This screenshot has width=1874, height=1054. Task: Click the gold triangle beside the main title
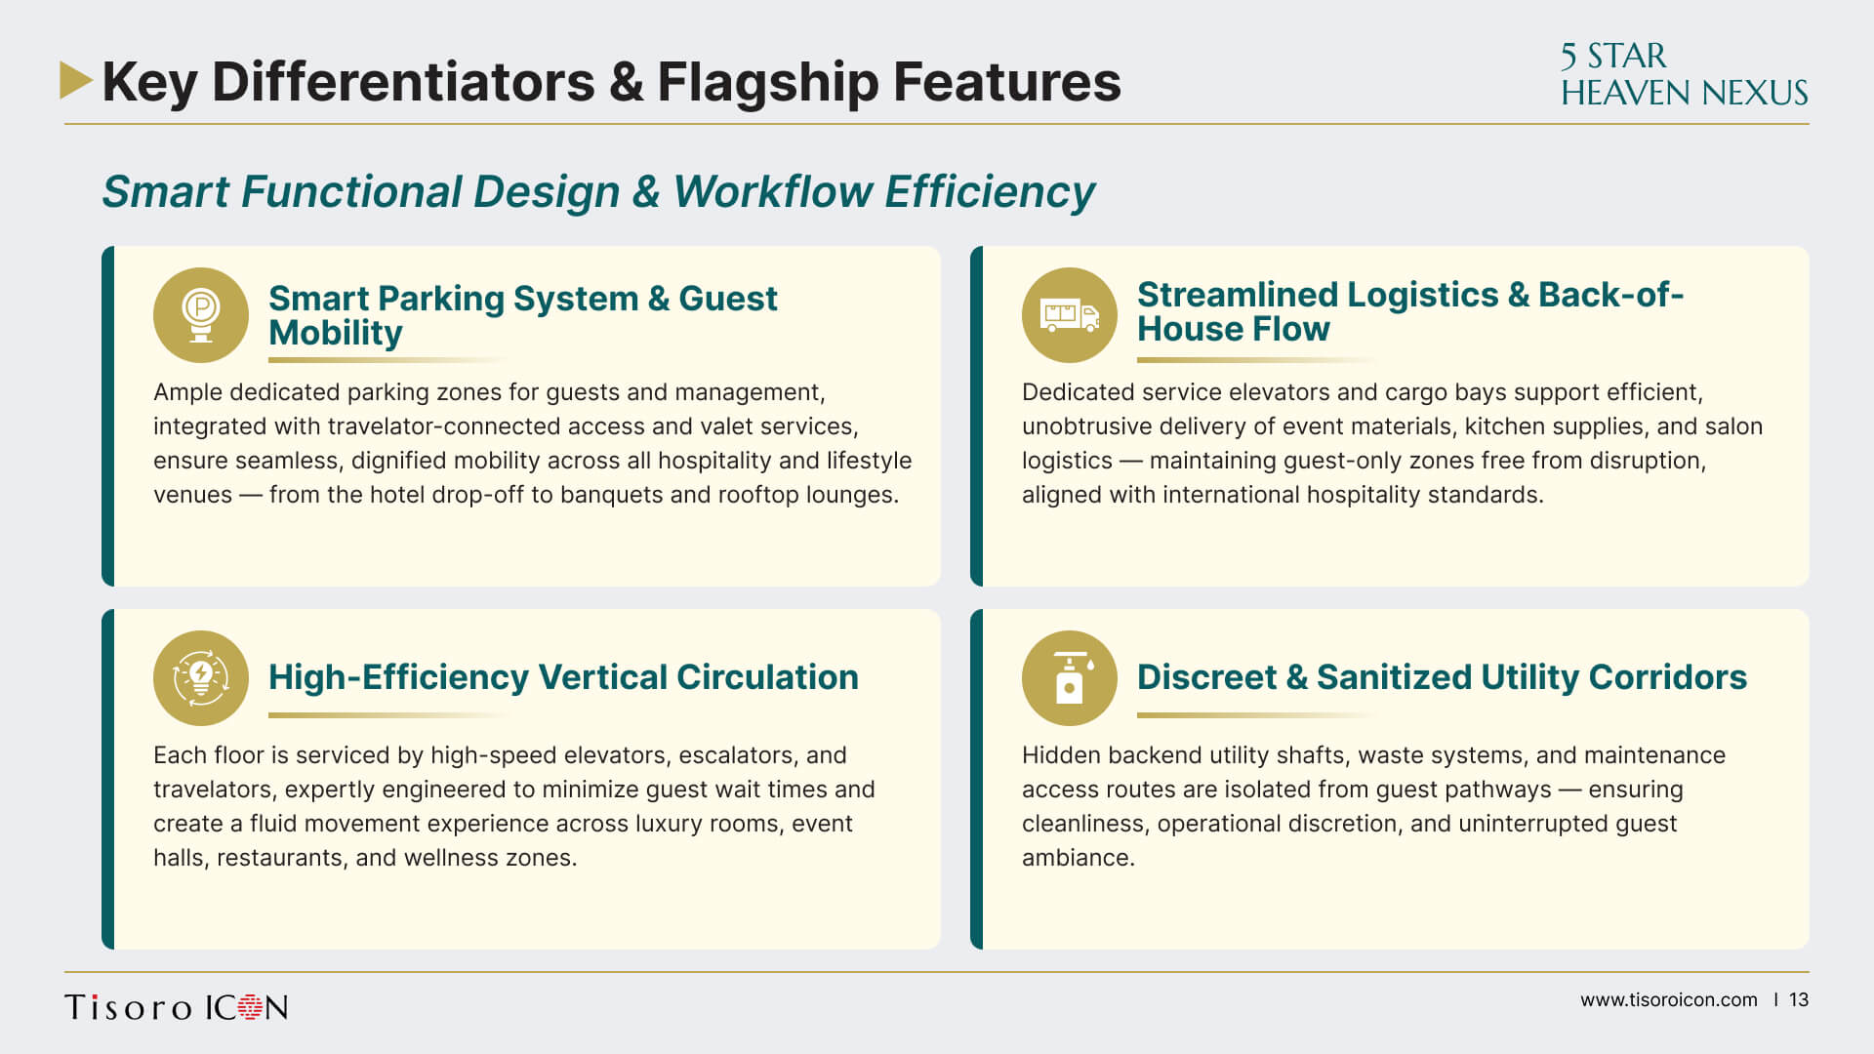click(74, 80)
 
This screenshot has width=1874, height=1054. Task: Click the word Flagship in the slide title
click(767, 82)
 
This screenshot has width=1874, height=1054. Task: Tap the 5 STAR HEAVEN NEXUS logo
click(1684, 74)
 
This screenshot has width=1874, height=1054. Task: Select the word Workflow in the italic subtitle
click(772, 191)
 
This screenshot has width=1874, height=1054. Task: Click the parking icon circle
click(201, 315)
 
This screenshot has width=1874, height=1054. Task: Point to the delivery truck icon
click(1070, 315)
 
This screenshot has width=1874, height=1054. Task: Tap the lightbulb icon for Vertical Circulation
click(201, 678)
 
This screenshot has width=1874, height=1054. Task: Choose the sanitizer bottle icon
click(1070, 678)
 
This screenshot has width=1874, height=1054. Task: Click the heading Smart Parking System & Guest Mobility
click(523, 315)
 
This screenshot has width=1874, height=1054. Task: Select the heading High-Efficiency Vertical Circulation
click(563, 677)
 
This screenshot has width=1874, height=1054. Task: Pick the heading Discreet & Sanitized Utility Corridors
click(1442, 677)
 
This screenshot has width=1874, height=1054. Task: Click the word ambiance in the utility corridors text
click(1079, 858)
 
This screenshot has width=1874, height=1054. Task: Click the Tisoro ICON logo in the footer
click(177, 1007)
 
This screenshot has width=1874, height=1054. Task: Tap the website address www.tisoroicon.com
click(1669, 1000)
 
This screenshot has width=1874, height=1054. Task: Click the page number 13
click(1799, 1000)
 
